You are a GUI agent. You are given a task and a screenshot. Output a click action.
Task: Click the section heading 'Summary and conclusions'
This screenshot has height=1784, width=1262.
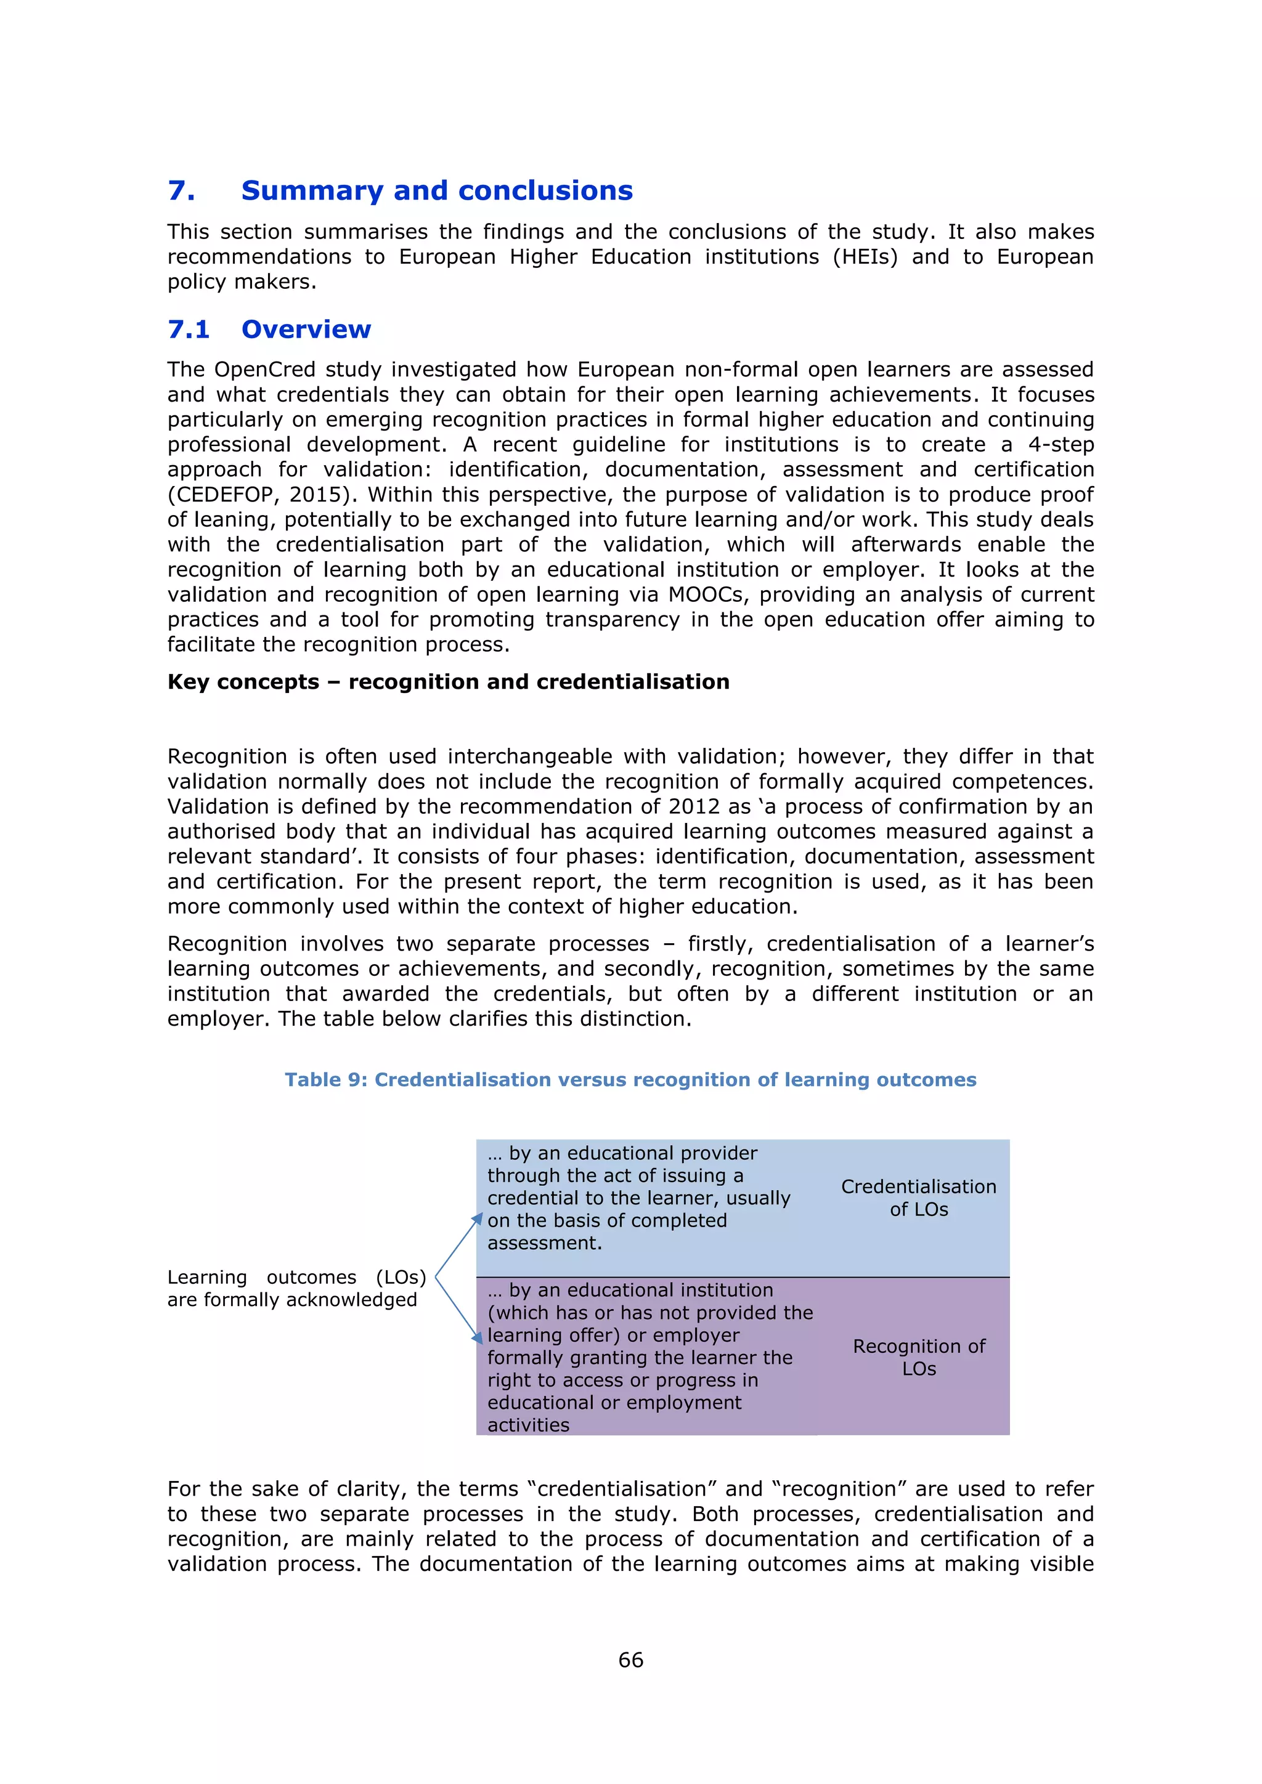pyautogui.click(x=437, y=190)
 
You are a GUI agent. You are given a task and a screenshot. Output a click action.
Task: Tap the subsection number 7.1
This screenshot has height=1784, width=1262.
pyautogui.click(x=189, y=330)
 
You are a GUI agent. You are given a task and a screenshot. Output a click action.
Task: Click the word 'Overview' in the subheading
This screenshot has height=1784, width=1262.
pyautogui.click(x=306, y=330)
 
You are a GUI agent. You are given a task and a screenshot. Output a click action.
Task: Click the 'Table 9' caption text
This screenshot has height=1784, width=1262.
pyautogui.click(x=630, y=1079)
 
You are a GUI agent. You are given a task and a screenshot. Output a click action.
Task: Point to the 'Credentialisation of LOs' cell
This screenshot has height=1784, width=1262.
pyautogui.click(x=919, y=1198)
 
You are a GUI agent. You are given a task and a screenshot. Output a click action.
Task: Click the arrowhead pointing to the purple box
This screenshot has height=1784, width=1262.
pyautogui.click(x=478, y=1337)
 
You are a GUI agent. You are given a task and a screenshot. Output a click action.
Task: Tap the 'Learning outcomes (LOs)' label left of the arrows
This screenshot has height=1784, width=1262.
pyautogui.click(x=296, y=1278)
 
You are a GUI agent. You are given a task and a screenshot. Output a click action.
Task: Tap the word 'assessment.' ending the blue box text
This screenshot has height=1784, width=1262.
pyautogui.click(x=545, y=1243)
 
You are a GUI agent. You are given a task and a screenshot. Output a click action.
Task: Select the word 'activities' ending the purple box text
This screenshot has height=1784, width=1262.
pyautogui.click(x=529, y=1424)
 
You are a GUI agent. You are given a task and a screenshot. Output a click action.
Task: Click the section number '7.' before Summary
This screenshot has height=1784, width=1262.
pyautogui.click(x=181, y=190)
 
